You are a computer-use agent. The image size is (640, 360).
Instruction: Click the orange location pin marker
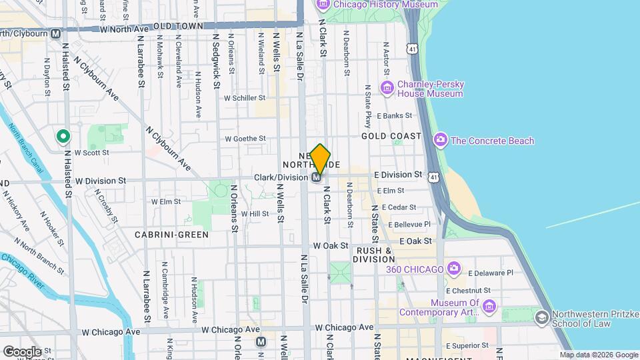coord(320,159)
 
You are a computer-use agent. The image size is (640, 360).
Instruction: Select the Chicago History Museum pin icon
coord(323,5)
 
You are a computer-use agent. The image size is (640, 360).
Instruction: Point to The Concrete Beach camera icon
coord(440,140)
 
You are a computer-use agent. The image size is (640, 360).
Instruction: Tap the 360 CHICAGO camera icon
coord(454,269)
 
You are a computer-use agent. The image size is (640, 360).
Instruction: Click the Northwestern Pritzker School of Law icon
coord(541,317)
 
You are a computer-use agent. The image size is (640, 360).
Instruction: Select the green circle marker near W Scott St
coord(63,137)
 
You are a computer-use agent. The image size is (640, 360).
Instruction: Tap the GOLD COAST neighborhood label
coord(391,136)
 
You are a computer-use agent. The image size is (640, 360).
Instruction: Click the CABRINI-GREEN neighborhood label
coord(171,235)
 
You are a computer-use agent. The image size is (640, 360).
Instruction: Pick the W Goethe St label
coord(245,139)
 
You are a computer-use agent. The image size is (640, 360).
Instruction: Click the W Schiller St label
coord(245,97)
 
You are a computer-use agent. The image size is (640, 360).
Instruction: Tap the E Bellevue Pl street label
coord(409,225)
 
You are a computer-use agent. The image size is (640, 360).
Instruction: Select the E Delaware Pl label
coord(491,273)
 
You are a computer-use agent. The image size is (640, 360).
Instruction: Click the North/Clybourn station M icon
coord(55,33)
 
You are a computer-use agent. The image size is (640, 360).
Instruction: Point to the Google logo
coord(22,351)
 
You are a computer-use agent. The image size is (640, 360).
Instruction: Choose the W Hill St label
coord(255,214)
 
